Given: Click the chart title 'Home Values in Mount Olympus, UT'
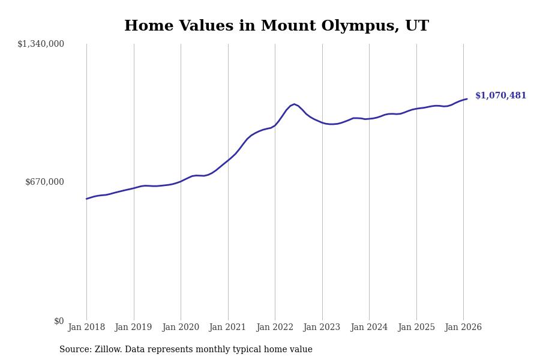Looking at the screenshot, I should tap(276, 26).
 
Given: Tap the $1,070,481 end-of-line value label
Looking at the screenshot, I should tap(500, 96).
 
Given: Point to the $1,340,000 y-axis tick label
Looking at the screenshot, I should tap(41, 44).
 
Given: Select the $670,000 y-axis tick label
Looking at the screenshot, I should tap(44, 182).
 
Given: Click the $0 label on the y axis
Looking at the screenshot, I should tap(59, 321).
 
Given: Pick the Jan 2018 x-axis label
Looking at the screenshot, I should tap(86, 328).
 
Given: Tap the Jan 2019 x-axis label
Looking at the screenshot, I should tap(134, 328).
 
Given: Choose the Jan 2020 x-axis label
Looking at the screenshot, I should tap(181, 328).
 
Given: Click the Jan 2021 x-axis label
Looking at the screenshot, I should tap(228, 328).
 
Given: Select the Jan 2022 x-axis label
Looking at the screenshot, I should tap(275, 328).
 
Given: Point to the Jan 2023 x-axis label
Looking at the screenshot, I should tap(322, 328).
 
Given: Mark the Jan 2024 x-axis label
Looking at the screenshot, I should tap(369, 328).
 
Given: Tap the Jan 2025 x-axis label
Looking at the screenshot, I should tap(416, 328).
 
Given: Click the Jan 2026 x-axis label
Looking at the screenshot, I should tap(463, 328).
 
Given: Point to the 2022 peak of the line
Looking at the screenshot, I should tap(294, 104).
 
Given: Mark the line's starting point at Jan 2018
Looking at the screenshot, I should tap(86, 199).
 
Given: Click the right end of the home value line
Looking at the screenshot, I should tap(467, 99).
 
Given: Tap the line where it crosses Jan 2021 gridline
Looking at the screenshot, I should tap(228, 160).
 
